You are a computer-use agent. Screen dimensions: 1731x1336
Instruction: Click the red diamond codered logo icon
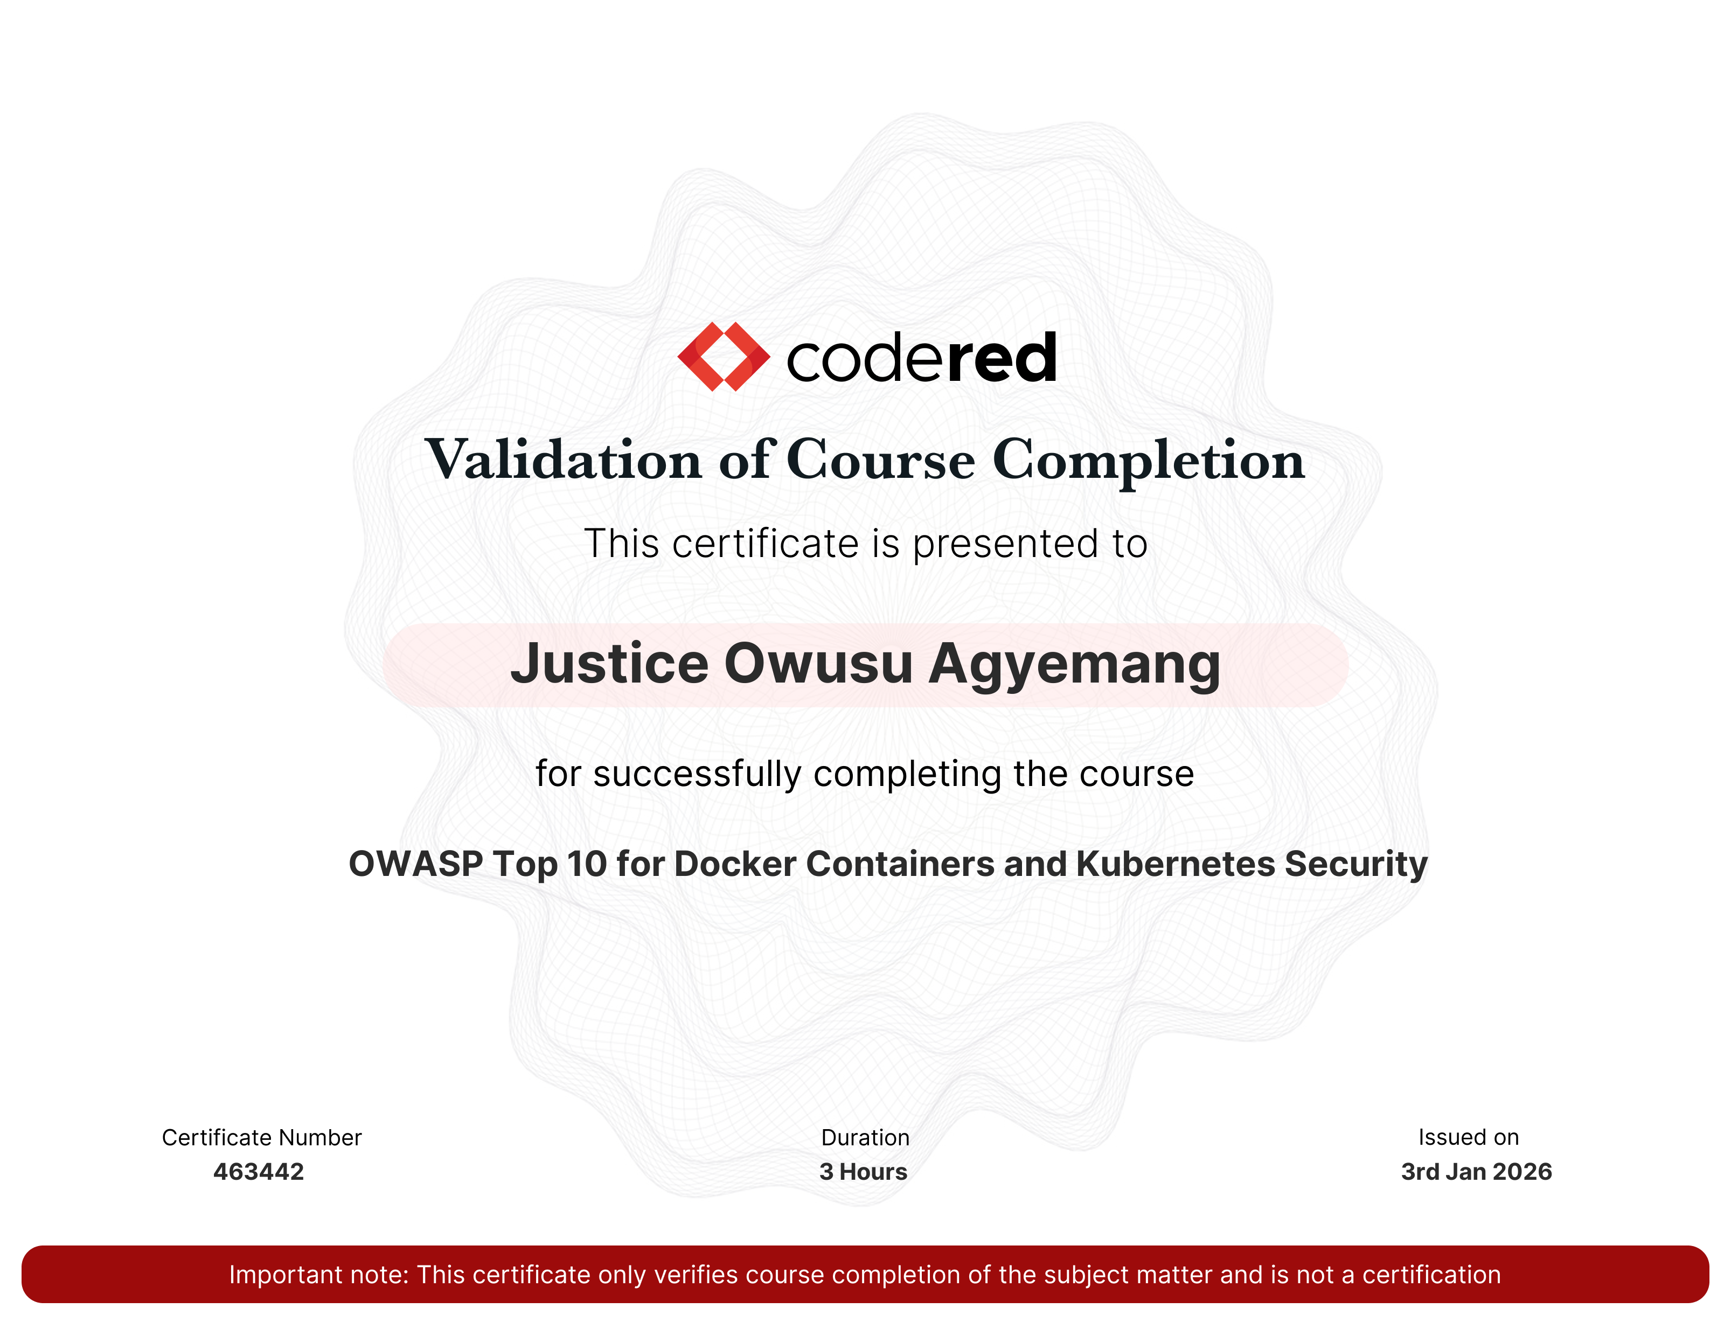click(x=724, y=357)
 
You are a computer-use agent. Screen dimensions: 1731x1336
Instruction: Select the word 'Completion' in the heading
click(x=1149, y=461)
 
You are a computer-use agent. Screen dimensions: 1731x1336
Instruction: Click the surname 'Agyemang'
click(x=1075, y=666)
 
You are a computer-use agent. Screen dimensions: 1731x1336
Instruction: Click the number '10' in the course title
click(x=587, y=864)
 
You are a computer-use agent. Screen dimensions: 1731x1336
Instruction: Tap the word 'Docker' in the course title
click(x=735, y=864)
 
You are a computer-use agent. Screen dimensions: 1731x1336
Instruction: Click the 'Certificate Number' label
click(x=261, y=1138)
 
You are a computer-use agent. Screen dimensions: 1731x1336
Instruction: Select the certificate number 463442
click(x=259, y=1172)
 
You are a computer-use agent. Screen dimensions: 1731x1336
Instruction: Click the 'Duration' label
click(x=865, y=1138)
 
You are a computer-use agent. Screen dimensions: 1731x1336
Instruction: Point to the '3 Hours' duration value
click(x=863, y=1172)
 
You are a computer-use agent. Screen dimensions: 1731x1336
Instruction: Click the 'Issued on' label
click(x=1469, y=1138)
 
